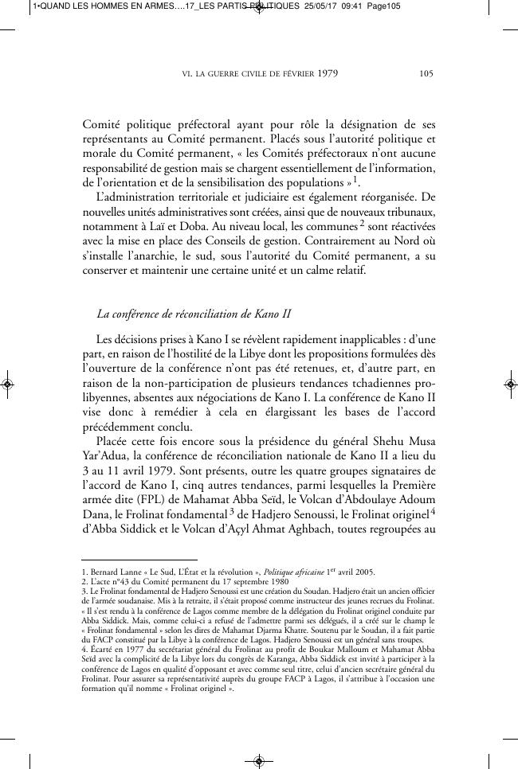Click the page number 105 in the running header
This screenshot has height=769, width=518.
(426, 75)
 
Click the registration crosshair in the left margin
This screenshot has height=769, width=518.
(7, 384)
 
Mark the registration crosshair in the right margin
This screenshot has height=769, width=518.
(511, 384)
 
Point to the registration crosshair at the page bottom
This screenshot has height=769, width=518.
(258, 761)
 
